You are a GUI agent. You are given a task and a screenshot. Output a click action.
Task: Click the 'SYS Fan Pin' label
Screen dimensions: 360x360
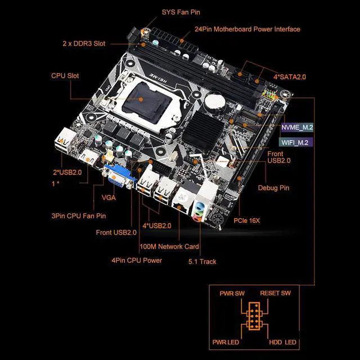[181, 12]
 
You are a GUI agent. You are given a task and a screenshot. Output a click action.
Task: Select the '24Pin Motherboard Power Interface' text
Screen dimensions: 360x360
[247, 29]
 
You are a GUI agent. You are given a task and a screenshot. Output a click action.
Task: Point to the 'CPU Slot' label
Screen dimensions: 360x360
[65, 75]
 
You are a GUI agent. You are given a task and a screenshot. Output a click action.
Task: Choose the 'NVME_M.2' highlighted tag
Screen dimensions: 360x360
[298, 128]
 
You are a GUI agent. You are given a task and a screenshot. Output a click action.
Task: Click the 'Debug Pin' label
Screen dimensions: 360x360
[273, 188]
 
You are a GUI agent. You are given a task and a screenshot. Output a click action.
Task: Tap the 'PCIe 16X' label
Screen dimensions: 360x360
[247, 220]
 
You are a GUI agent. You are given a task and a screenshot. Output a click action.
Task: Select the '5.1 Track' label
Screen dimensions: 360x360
[202, 261]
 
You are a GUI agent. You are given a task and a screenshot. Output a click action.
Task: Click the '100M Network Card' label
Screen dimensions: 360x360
[169, 246]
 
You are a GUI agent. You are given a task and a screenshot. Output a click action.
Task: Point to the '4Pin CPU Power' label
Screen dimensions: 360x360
[136, 260]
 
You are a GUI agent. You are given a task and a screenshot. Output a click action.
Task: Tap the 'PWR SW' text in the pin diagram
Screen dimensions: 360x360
[232, 293]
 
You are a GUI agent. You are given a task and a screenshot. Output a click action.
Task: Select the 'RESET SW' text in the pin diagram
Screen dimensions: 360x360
[275, 293]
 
